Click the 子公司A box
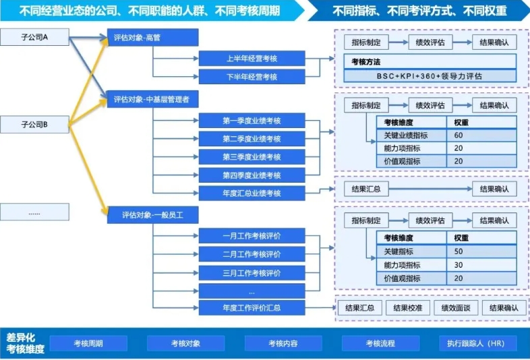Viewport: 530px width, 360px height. click(x=34, y=37)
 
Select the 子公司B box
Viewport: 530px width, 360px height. click(x=34, y=125)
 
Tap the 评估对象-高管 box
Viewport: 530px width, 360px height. click(x=152, y=38)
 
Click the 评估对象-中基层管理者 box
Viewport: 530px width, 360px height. click(x=152, y=99)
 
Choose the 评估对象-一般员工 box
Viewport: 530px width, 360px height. click(x=152, y=215)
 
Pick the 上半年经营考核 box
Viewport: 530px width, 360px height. click(x=252, y=59)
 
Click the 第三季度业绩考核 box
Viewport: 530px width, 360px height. click(x=252, y=157)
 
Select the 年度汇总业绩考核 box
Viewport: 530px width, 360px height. click(x=252, y=193)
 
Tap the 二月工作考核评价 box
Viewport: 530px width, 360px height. click(x=252, y=254)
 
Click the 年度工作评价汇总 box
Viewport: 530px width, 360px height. click(x=252, y=307)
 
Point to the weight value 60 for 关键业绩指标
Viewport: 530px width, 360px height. click(x=459, y=136)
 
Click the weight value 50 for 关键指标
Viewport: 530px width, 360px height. click(x=459, y=251)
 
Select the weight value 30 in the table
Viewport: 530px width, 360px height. click(x=459, y=265)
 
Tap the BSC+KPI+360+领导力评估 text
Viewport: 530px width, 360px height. click(x=430, y=76)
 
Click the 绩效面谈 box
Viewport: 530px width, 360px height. click(x=456, y=307)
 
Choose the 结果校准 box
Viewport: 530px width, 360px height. click(x=408, y=307)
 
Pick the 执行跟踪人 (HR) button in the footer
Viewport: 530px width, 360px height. click(x=477, y=343)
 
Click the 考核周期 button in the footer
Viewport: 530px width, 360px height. click(x=88, y=343)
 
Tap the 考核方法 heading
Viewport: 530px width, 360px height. click(x=365, y=62)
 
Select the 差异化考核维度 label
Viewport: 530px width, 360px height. click(x=26, y=343)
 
